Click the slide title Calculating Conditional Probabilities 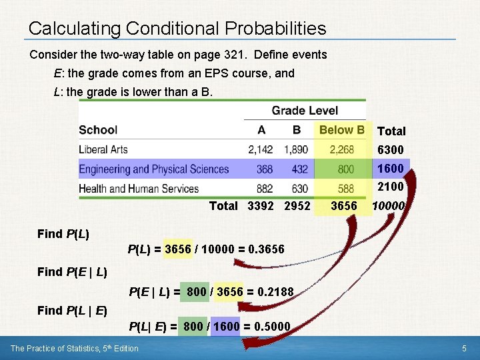click(x=177, y=29)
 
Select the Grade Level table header click(x=305, y=111)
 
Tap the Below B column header click(x=342, y=130)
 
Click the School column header click(x=98, y=130)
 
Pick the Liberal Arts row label click(x=103, y=149)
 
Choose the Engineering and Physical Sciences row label click(x=154, y=169)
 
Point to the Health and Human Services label click(x=139, y=189)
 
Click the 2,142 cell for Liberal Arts click(x=261, y=149)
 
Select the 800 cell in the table click(x=346, y=169)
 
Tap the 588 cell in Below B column click(x=346, y=189)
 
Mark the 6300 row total click(x=391, y=150)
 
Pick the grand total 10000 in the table click(x=388, y=206)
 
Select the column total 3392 click(x=261, y=206)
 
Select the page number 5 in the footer click(x=463, y=349)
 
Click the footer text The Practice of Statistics click(x=75, y=349)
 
